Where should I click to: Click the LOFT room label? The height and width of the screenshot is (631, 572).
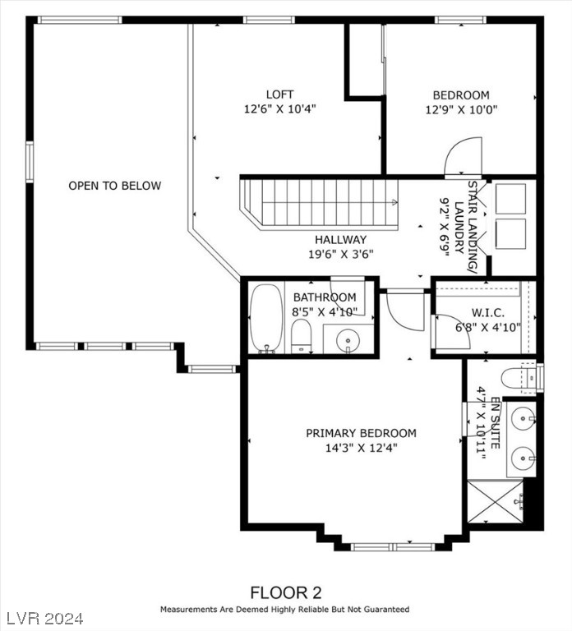pyautogui.click(x=279, y=94)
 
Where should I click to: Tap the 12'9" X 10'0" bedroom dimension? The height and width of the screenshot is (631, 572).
pyautogui.click(x=462, y=109)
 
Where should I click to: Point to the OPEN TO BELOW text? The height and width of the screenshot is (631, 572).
pyautogui.click(x=114, y=186)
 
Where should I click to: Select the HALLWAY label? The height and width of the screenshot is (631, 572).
pyautogui.click(x=339, y=239)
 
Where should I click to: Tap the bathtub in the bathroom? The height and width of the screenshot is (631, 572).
pyautogui.click(x=265, y=317)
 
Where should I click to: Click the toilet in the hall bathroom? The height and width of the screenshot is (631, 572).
pyautogui.click(x=301, y=335)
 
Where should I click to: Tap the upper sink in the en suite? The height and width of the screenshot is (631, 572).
pyautogui.click(x=523, y=418)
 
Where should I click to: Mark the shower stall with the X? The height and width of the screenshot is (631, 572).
pyautogui.click(x=495, y=503)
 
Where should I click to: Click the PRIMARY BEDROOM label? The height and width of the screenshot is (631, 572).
pyautogui.click(x=361, y=433)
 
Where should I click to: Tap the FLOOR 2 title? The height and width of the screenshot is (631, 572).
pyautogui.click(x=285, y=592)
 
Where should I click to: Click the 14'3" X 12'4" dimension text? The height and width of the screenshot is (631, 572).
pyautogui.click(x=361, y=449)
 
